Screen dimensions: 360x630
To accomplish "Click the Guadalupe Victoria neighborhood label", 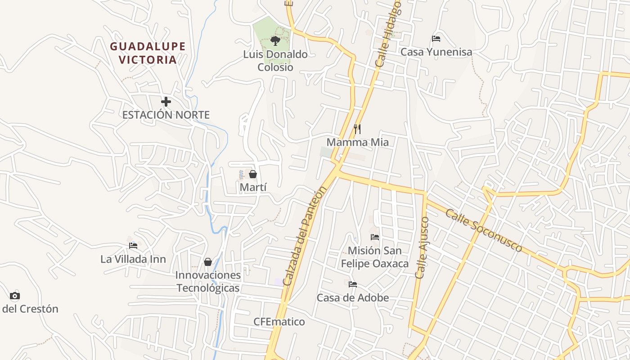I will click(148, 53).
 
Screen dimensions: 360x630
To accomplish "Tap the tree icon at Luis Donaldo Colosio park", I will click(275, 41).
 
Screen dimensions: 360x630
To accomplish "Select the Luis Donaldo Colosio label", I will click(275, 61).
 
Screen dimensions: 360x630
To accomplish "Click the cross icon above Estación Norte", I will click(166, 102).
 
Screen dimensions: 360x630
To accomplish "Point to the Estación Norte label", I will click(166, 115).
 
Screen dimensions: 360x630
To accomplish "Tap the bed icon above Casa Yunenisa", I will click(436, 39).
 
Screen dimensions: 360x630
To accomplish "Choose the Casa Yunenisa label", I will click(436, 52).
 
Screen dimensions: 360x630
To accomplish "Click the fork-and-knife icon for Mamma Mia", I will click(357, 129).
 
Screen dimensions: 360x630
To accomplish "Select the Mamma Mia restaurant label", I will click(357, 142).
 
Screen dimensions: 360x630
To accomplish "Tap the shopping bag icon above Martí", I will click(253, 174).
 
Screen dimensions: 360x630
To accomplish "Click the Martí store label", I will click(254, 187).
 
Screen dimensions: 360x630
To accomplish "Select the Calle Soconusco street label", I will click(484, 230).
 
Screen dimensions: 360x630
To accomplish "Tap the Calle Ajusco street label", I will click(423, 247).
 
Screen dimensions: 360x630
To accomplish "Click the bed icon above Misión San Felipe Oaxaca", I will click(375, 237).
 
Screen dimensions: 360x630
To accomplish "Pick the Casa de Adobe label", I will click(353, 297).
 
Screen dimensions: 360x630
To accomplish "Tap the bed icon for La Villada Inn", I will click(133, 246).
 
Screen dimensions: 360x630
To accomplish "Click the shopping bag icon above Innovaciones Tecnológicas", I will click(208, 262).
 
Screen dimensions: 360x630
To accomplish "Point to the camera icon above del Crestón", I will click(15, 296).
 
